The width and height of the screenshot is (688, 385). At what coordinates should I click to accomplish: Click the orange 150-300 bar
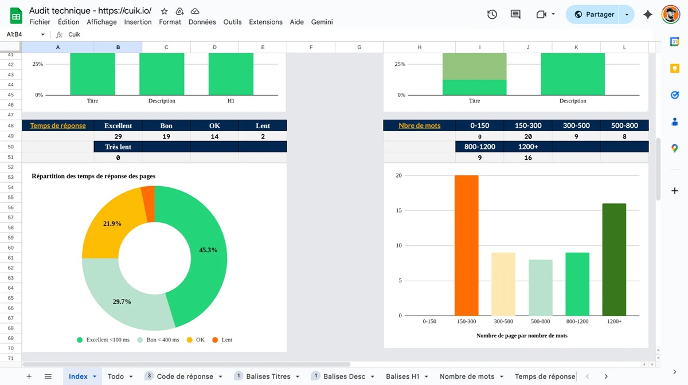466,245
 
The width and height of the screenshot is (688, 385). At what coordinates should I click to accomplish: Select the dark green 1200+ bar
614,260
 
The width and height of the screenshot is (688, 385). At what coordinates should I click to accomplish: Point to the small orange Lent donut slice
148,203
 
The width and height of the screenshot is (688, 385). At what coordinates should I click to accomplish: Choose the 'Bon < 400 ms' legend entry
158,340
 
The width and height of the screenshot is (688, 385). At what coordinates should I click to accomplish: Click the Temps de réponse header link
58,125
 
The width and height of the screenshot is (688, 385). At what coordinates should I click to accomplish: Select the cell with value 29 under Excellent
118,136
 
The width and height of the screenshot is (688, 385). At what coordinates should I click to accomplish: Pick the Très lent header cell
118,147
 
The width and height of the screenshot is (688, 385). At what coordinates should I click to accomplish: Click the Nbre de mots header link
419,125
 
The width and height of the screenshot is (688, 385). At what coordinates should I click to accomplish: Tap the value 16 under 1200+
527,158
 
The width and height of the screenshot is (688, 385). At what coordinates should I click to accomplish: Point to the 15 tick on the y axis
398,210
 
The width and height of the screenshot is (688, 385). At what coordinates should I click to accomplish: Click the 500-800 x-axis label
540,321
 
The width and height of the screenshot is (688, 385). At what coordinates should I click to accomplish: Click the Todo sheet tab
120,376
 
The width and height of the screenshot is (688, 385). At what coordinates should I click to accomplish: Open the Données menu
202,22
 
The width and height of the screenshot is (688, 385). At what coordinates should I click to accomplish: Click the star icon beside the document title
165,11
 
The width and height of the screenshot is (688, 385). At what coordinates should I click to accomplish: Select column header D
214,48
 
